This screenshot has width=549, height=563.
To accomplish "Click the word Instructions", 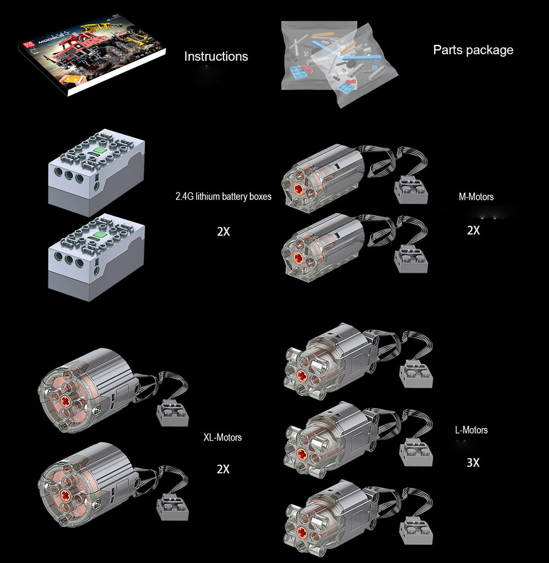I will pos(216,57).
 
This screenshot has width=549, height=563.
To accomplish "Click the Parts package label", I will pos(473,50).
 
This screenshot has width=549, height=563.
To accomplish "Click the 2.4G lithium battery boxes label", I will pos(223,196).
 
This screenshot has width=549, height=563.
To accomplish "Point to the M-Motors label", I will pos(475,196).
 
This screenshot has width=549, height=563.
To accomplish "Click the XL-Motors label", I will pos(222,437).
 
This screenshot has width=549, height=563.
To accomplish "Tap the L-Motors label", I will pos(471,430).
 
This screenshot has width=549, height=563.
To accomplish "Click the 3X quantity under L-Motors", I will pos(473,463).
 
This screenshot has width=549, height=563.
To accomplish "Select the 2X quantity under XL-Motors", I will pos(223,469).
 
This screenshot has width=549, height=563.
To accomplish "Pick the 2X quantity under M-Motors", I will pos(473,230).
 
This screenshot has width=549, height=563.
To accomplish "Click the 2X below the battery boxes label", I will pos(223,232).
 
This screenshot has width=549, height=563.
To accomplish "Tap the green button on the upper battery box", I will pos(99,149).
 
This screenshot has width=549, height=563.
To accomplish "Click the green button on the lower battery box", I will pos(99,235).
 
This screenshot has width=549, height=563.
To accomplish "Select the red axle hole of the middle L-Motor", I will pos(300,453).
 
